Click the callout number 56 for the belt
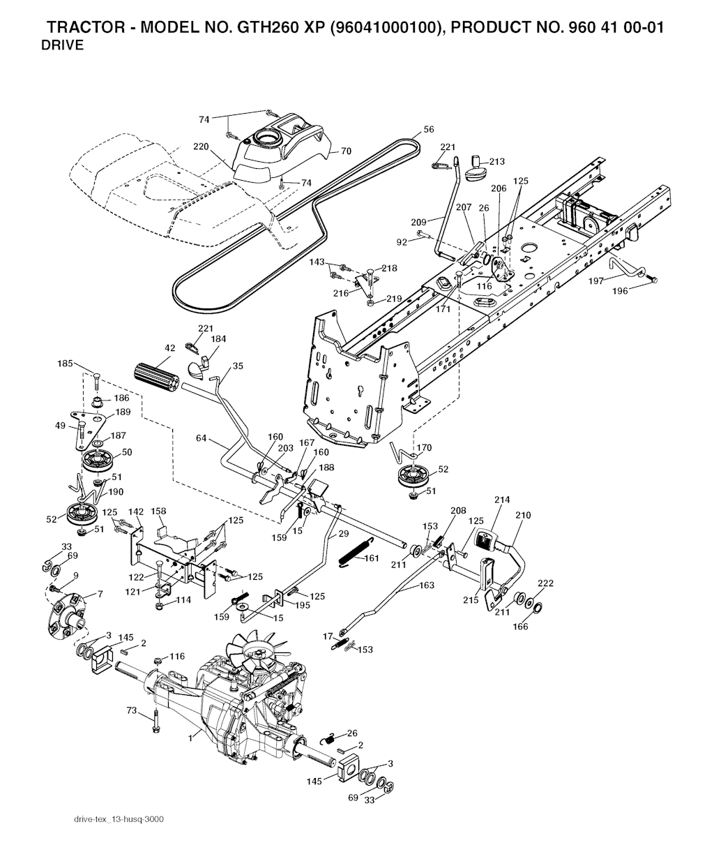[429, 129]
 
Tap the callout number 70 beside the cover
[346, 150]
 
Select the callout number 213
[496, 162]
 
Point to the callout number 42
[170, 347]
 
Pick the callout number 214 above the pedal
[502, 500]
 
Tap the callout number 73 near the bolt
[130, 710]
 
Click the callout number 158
[159, 511]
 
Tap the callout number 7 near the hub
[100, 594]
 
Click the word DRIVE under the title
[62, 46]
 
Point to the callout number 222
[546, 583]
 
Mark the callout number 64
[202, 438]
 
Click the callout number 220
[202, 147]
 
